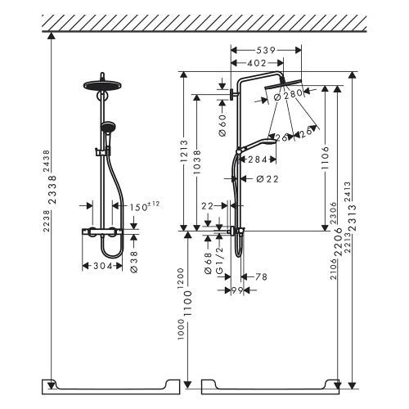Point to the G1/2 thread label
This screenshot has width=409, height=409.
coord(221,267)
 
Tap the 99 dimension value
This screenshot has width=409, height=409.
coord(236,291)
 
